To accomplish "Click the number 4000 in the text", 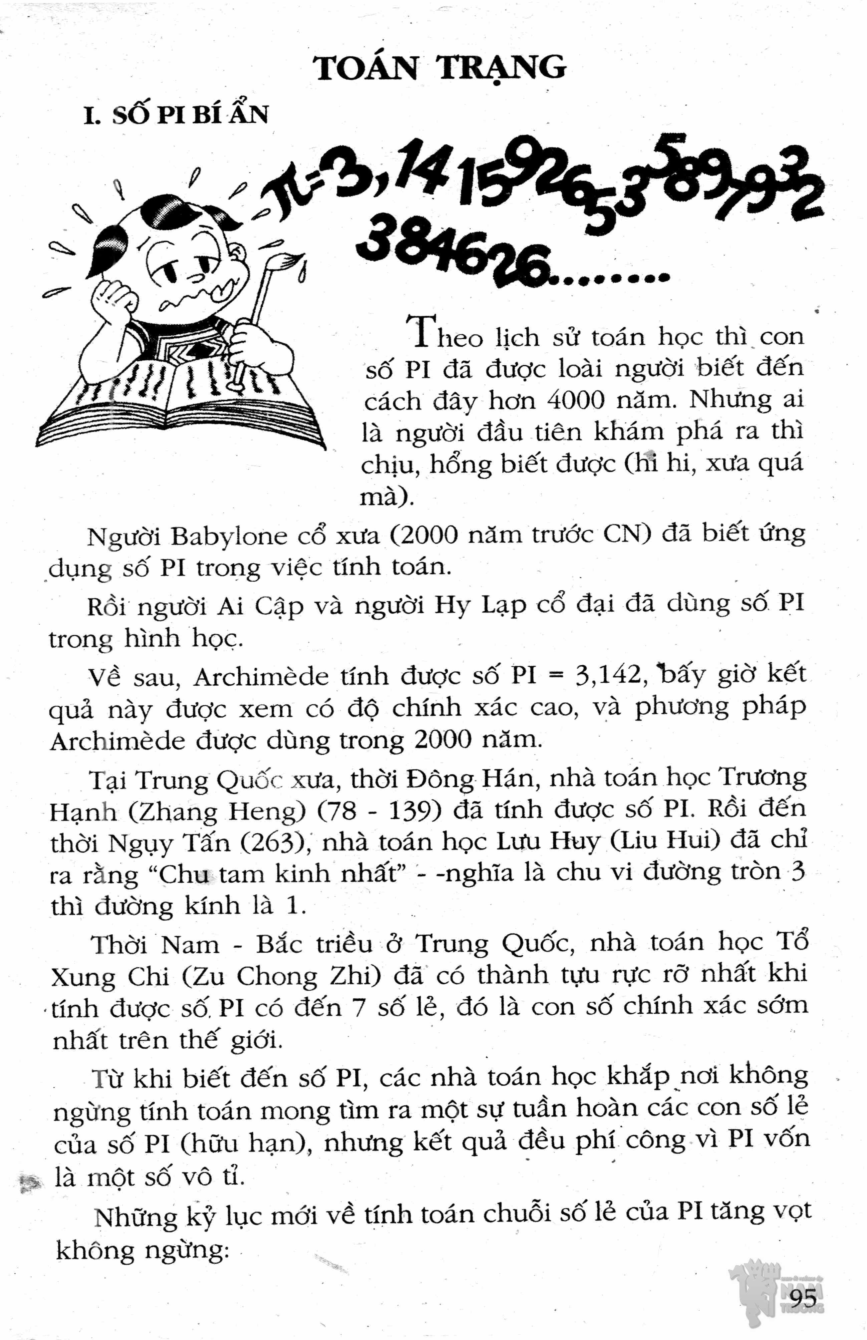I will tap(577, 400).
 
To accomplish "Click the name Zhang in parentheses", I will tap(175, 811).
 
